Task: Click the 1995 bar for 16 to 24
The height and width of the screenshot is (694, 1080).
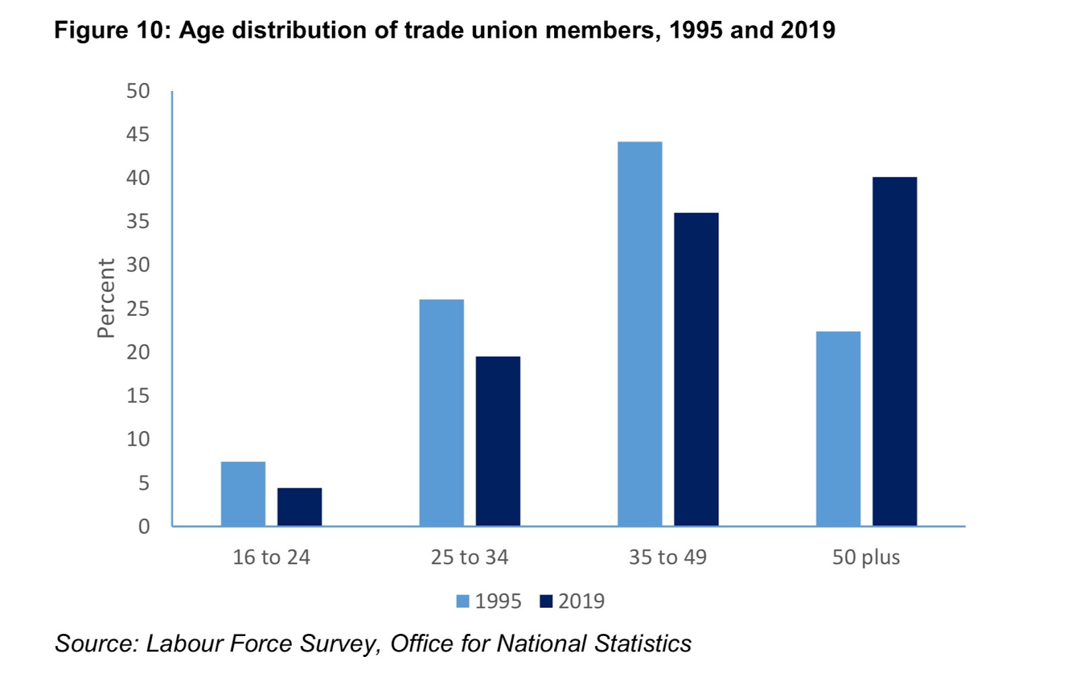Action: click(243, 494)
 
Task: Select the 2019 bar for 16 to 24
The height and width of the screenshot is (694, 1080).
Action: click(300, 507)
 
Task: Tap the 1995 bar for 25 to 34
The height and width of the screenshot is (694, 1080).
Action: click(441, 413)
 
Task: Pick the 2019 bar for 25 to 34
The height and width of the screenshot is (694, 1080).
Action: click(498, 441)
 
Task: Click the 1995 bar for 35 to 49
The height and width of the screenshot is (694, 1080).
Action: click(640, 334)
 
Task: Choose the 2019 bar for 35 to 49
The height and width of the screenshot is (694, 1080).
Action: click(696, 370)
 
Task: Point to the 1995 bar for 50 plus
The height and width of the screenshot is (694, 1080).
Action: click(838, 429)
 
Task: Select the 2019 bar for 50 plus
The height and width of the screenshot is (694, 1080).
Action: click(894, 351)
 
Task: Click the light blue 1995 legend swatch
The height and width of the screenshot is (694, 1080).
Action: click(462, 601)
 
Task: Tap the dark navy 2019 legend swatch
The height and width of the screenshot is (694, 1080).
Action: click(546, 601)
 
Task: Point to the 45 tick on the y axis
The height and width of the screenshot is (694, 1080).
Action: click(138, 135)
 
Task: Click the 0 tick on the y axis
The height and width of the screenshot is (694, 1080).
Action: click(144, 526)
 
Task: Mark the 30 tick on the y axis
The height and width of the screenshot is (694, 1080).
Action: click(138, 265)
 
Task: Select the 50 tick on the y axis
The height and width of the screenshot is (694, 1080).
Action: click(138, 91)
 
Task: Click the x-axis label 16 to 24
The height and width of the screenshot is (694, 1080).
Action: click(271, 557)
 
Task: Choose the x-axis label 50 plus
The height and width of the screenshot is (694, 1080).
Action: click(866, 557)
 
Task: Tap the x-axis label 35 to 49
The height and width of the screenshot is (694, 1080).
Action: click(668, 557)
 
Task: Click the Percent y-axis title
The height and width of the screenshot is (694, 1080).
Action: click(106, 298)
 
